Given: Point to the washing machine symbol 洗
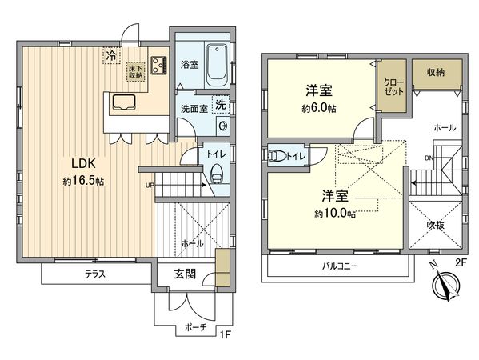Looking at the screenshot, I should point(221,106).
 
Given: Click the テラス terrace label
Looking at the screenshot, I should point(98,274).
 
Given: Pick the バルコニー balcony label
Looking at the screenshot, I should point(340,266).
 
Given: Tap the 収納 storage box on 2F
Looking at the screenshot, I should point(435,73).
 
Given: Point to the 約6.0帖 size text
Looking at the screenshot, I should point(318,108).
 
